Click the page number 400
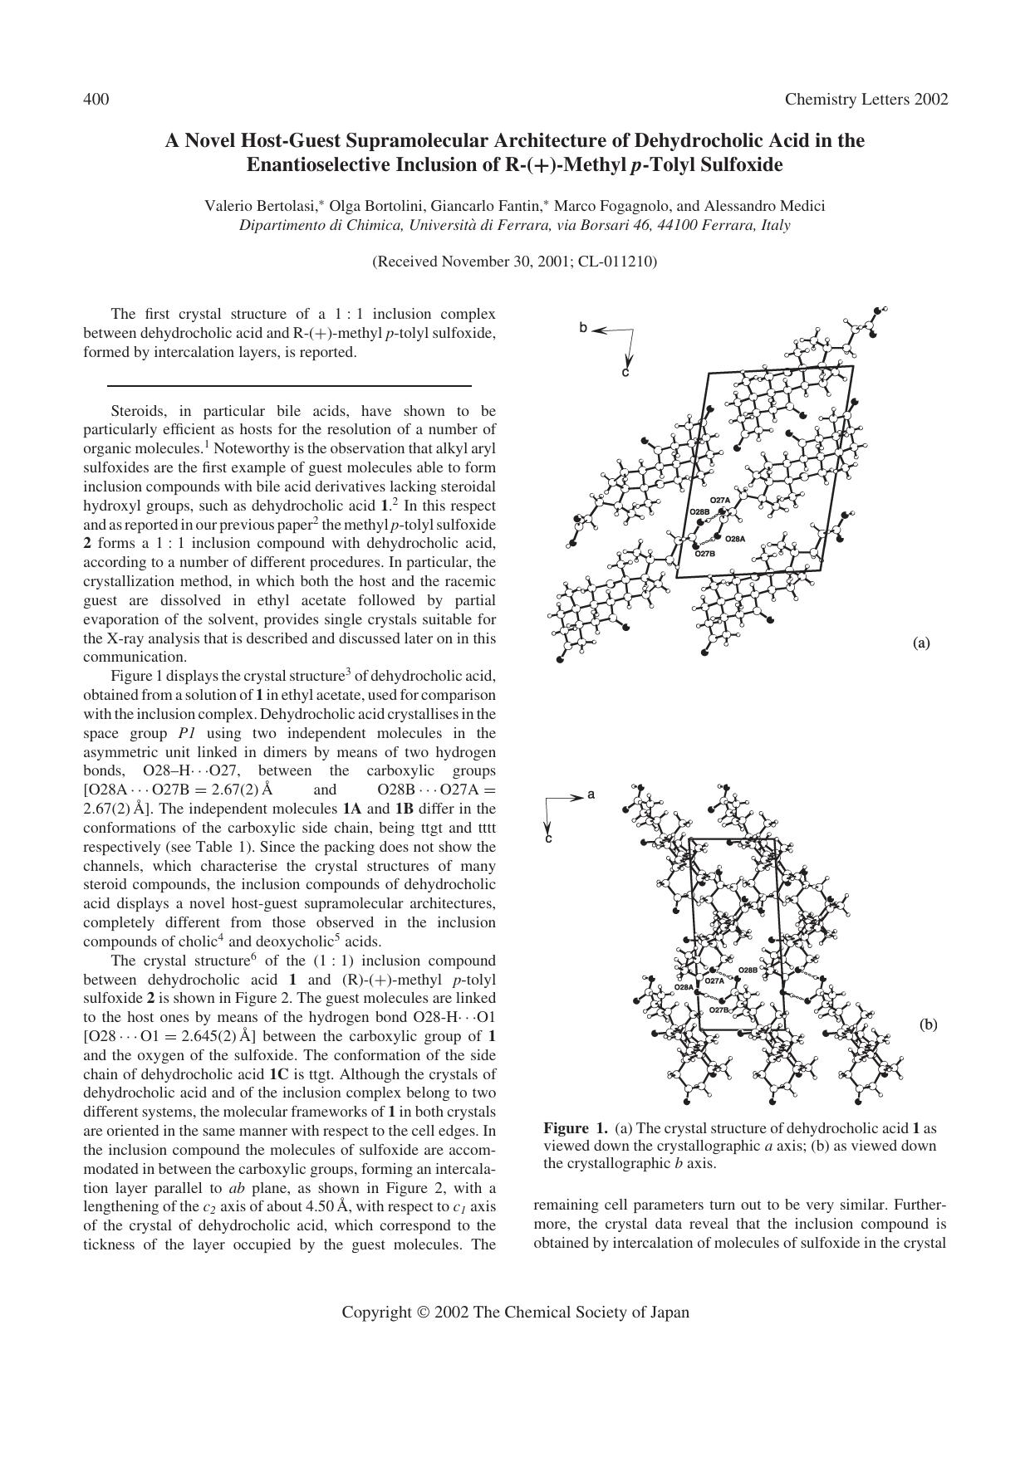click(x=96, y=100)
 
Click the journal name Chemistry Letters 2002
click(x=866, y=100)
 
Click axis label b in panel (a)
click(x=583, y=328)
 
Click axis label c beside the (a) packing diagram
click(x=625, y=373)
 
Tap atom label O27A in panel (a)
click(x=719, y=500)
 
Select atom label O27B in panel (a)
click(x=704, y=553)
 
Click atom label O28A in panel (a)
click(x=735, y=539)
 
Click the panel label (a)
click(x=920, y=643)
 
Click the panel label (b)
click(x=928, y=1024)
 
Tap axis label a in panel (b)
click(x=591, y=795)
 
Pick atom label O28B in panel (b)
click(x=748, y=970)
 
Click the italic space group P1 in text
click(x=187, y=733)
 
